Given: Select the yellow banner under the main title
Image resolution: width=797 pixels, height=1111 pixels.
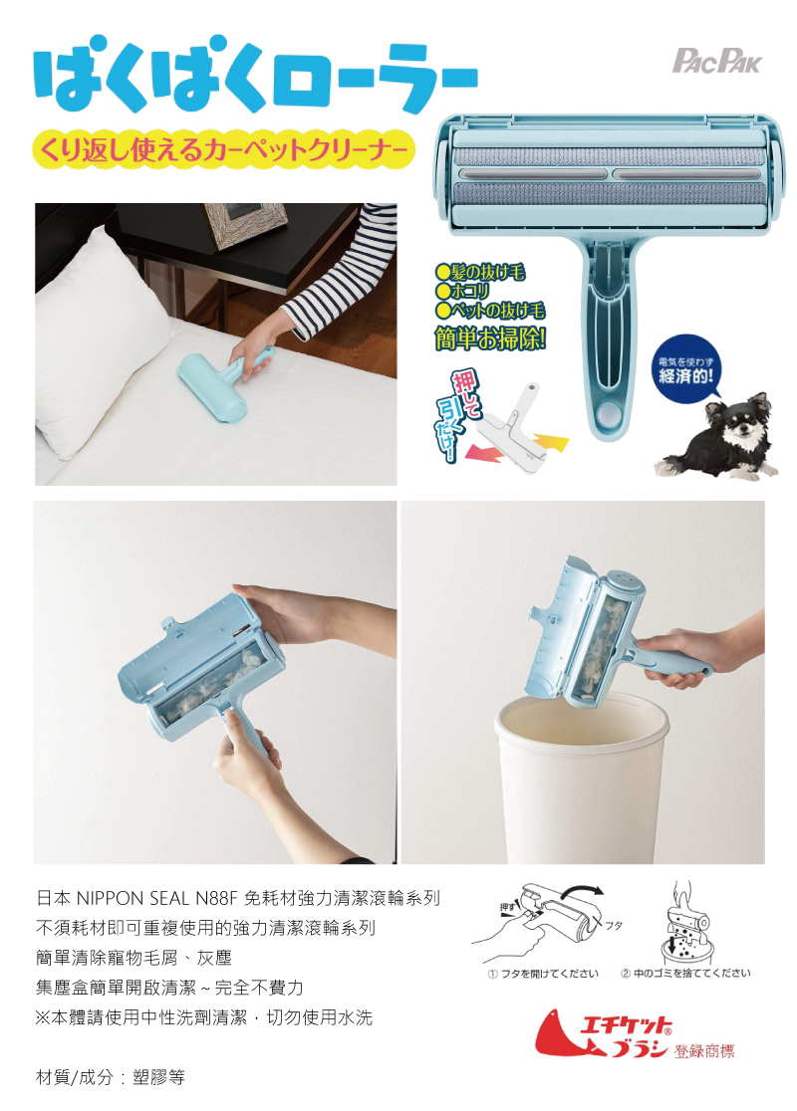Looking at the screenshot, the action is pyautogui.click(x=222, y=149).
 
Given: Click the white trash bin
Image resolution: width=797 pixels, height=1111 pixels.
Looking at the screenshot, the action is pyautogui.click(x=582, y=778).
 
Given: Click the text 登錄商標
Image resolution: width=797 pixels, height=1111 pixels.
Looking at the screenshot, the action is pyautogui.click(x=704, y=1051).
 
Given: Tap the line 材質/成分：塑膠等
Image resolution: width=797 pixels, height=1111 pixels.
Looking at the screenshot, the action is pyautogui.click(x=111, y=1078).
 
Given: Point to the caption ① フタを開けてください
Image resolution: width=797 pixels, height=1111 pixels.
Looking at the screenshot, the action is pyautogui.click(x=543, y=974).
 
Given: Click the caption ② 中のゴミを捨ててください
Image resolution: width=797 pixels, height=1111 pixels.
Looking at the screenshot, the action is pyautogui.click(x=685, y=973).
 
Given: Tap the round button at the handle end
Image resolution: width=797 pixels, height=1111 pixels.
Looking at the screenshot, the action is pyautogui.click(x=607, y=414).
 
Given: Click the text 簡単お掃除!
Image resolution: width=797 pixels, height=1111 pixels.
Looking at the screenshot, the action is pyautogui.click(x=490, y=338).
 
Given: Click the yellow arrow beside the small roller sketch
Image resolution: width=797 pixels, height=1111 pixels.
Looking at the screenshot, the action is pyautogui.click(x=550, y=442).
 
